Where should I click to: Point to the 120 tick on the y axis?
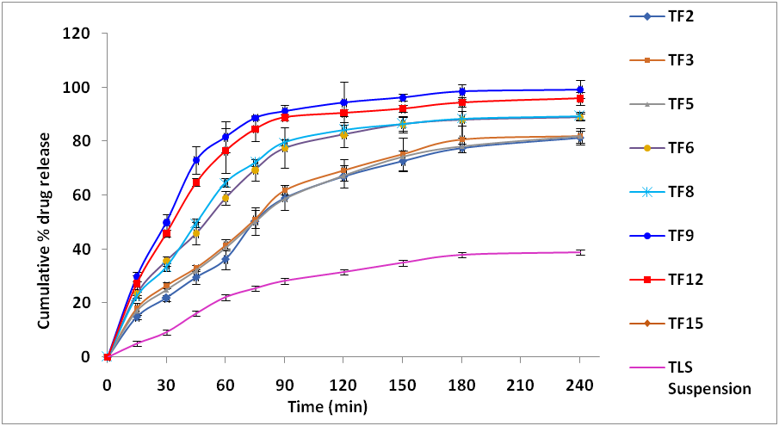tap(84, 34)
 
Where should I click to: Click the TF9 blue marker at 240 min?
tap(580, 90)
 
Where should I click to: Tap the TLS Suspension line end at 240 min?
tap(580, 252)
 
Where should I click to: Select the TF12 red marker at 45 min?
tap(196, 182)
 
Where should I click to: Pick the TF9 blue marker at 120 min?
tap(343, 102)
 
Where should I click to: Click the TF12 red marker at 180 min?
tap(462, 102)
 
